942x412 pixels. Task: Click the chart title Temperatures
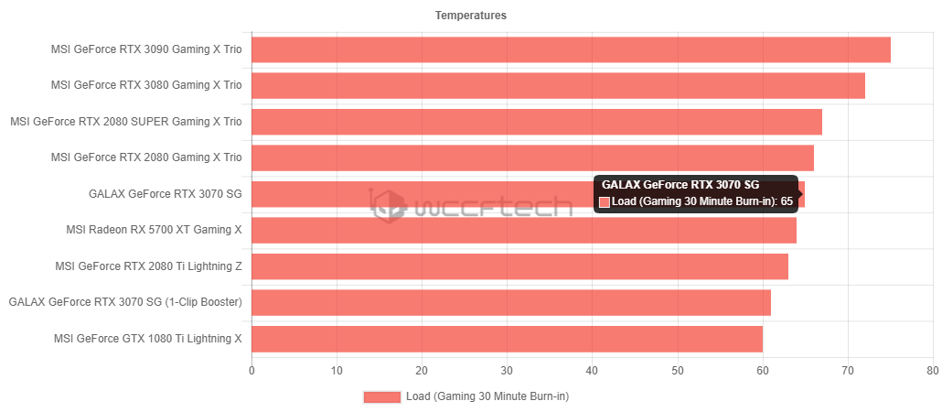471,15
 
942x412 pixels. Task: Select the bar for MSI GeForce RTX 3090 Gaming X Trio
570,49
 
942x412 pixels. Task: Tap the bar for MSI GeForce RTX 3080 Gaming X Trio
557,85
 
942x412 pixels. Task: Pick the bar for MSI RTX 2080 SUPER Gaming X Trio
536,121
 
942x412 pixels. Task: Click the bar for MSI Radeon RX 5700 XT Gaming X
523,230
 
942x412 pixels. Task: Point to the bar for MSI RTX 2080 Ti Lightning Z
519,266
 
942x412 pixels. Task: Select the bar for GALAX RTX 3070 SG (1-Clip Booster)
510,302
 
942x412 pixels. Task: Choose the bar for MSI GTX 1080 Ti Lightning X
506,338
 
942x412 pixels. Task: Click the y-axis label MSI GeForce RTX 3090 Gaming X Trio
147,49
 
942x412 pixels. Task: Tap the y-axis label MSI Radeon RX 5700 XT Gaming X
155,230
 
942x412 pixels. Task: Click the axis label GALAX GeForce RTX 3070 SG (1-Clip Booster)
125,302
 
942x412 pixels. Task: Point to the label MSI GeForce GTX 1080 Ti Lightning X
148,338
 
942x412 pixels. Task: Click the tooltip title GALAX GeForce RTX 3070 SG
680,185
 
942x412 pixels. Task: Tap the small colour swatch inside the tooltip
605,202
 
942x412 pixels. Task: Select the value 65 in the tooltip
787,202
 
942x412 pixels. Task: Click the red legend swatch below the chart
382,396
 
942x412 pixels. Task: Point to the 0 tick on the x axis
252,371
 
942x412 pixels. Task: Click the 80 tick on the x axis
932,371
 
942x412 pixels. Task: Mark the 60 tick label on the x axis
762,371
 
